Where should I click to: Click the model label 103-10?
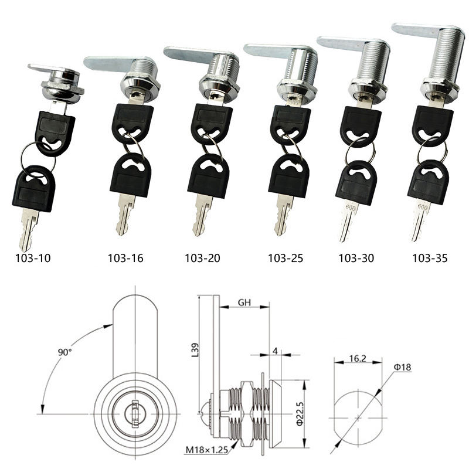[33, 258]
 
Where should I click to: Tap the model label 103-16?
[125, 258]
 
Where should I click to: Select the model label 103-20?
[202, 258]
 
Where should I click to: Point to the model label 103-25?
[286, 258]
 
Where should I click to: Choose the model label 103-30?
[356, 258]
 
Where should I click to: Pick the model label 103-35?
[430, 258]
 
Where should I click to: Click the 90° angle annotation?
[64, 352]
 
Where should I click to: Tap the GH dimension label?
[244, 303]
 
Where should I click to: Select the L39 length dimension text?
[195, 349]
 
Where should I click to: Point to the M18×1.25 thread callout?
[207, 450]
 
